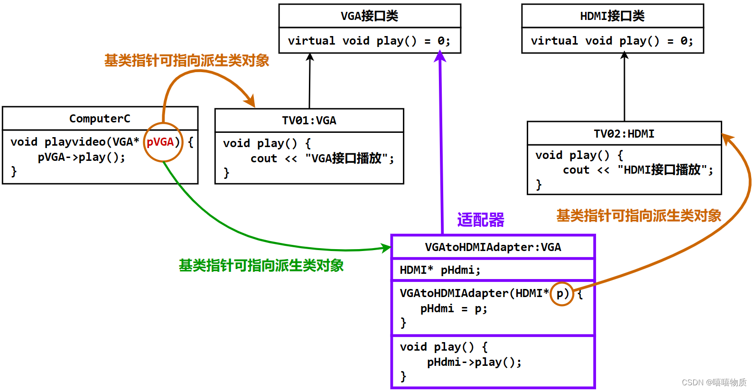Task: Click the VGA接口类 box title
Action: pyautogui.click(x=369, y=16)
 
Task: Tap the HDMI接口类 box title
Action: pyautogui.click(x=612, y=16)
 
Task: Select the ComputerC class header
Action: pyautogui.click(x=100, y=119)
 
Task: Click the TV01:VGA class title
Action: pyautogui.click(x=309, y=121)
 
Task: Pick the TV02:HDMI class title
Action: pyautogui.click(x=624, y=134)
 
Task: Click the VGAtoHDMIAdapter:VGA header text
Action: pyautogui.click(x=493, y=247)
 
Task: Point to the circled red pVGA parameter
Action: pyautogui.click(x=160, y=142)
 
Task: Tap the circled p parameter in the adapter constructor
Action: pyautogui.click(x=561, y=294)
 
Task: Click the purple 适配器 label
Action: pyautogui.click(x=480, y=220)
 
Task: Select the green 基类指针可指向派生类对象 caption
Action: pyautogui.click(x=261, y=265)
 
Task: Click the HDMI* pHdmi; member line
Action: pyautogui.click(x=440, y=270)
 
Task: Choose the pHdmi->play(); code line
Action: pyautogui.click(x=474, y=362)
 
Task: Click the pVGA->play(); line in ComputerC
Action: pyautogui.click(x=81, y=157)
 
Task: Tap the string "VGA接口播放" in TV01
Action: pyautogui.click(x=349, y=158)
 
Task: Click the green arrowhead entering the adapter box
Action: pyautogui.click(x=387, y=248)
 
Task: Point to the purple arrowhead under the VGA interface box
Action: pyautogui.click(x=440, y=57)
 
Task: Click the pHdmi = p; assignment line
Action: pyautogui.click(x=453, y=308)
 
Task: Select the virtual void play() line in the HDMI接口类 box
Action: pyautogui.click(x=612, y=41)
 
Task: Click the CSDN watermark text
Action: pyautogui.click(x=714, y=382)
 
